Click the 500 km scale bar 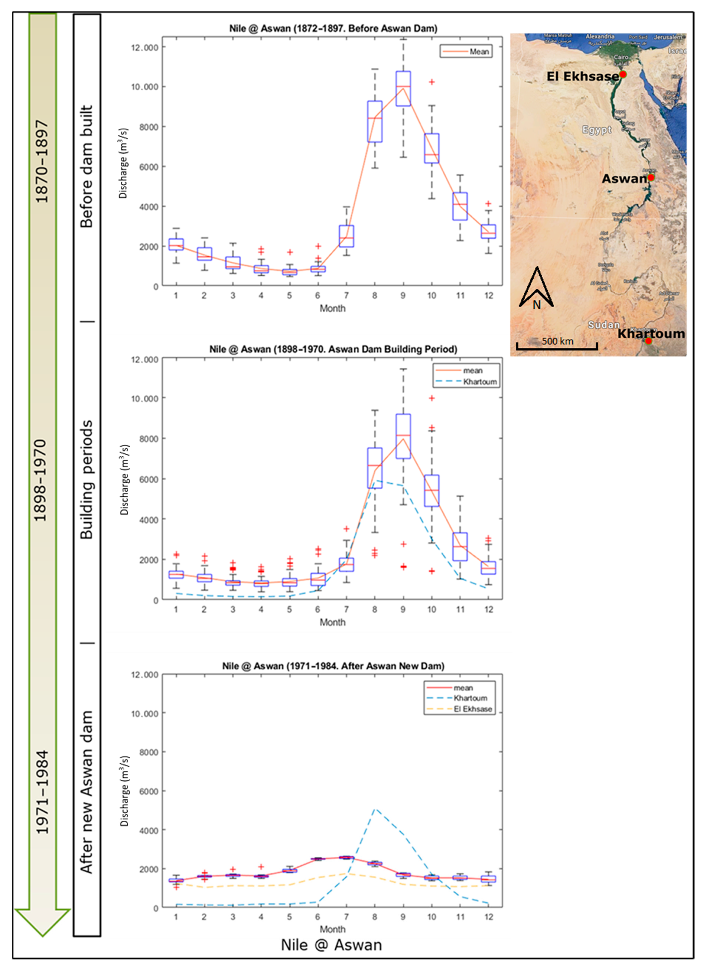coord(557,346)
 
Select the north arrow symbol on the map coord(536,288)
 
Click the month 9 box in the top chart coord(403,89)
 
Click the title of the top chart coord(333,28)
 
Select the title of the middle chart coord(333,349)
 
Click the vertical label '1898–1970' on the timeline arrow coord(41,480)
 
